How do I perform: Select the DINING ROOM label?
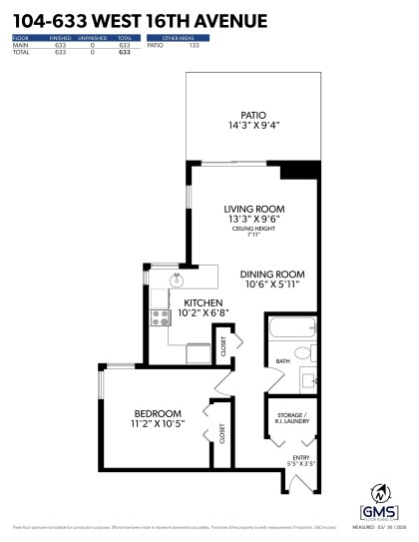coord(270,273)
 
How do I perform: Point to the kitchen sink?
coord(176,279)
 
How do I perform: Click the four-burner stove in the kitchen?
coord(158,318)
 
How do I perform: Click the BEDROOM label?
coord(158,413)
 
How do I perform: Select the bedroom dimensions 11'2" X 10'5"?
coord(158,424)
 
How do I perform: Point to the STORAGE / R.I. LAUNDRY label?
coord(291,418)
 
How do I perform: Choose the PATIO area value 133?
coord(194,45)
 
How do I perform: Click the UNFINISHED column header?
coord(93,39)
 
